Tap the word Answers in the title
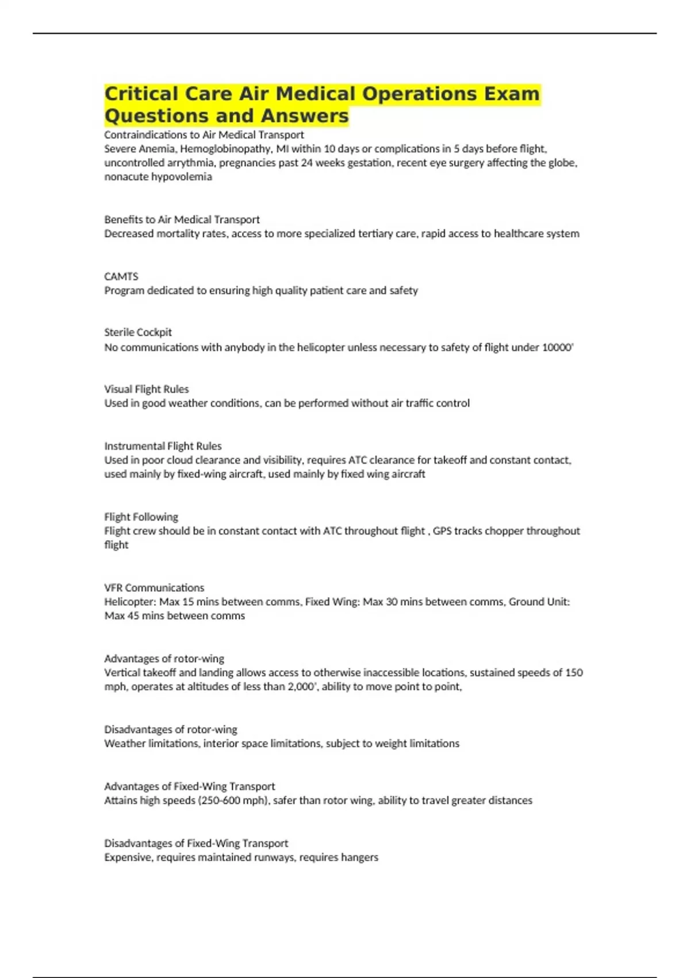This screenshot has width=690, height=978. pyautogui.click(x=305, y=116)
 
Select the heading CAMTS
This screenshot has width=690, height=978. pyautogui.click(x=121, y=276)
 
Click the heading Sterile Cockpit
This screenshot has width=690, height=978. pyautogui.click(x=138, y=332)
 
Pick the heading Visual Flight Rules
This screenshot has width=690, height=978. pyautogui.click(x=146, y=389)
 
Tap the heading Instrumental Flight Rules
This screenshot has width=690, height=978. pyautogui.click(x=163, y=446)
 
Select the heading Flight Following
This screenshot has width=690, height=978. pyautogui.click(x=141, y=517)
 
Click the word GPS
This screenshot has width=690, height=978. pyautogui.click(x=443, y=530)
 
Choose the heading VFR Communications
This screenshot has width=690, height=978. pyautogui.click(x=154, y=587)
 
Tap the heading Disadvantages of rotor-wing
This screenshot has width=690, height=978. pyautogui.click(x=170, y=729)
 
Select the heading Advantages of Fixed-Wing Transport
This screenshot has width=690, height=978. pyautogui.click(x=189, y=786)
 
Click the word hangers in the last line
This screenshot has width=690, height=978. pyautogui.click(x=359, y=857)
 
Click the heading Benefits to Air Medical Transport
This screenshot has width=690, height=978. pyautogui.click(x=182, y=219)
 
